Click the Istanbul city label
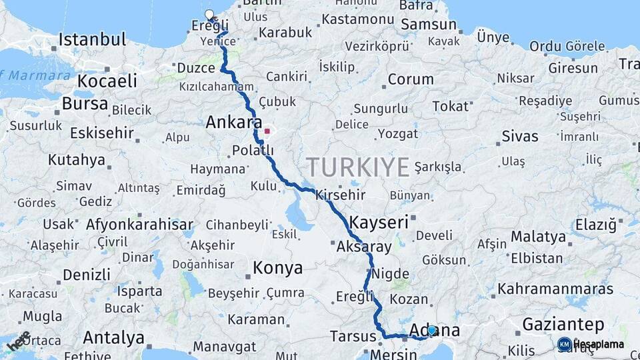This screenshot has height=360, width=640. (x=92, y=39)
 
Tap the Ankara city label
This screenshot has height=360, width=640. (x=233, y=122)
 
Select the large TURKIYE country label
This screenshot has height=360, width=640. (x=358, y=166)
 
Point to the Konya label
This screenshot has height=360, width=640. (x=277, y=268)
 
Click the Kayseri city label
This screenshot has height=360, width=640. (x=379, y=222)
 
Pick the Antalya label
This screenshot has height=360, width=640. (x=113, y=338)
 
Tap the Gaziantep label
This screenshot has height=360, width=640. (x=563, y=325)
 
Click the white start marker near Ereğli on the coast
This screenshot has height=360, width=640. (x=209, y=15)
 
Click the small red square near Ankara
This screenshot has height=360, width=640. (x=267, y=131)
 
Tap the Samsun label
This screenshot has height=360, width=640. (x=428, y=25)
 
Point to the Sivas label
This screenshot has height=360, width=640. (x=520, y=137)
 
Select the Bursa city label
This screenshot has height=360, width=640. (x=85, y=104)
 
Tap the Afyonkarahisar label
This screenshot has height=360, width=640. (x=139, y=225)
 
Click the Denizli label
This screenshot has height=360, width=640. (x=87, y=275)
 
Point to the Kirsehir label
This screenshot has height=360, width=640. (x=340, y=195)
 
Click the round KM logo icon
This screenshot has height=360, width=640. (x=565, y=344)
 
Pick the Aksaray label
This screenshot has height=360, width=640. (x=365, y=247)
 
